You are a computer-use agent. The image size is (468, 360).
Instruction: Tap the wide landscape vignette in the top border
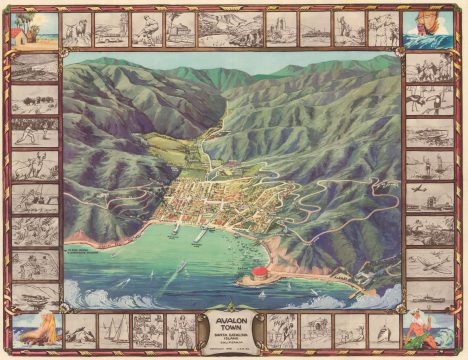pos(230,30)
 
